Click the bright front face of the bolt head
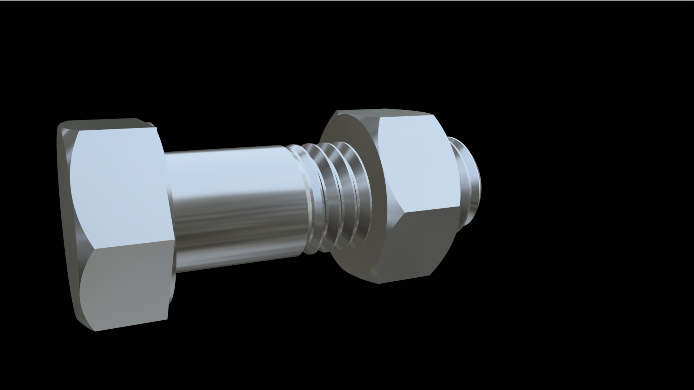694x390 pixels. [x=119, y=188]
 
